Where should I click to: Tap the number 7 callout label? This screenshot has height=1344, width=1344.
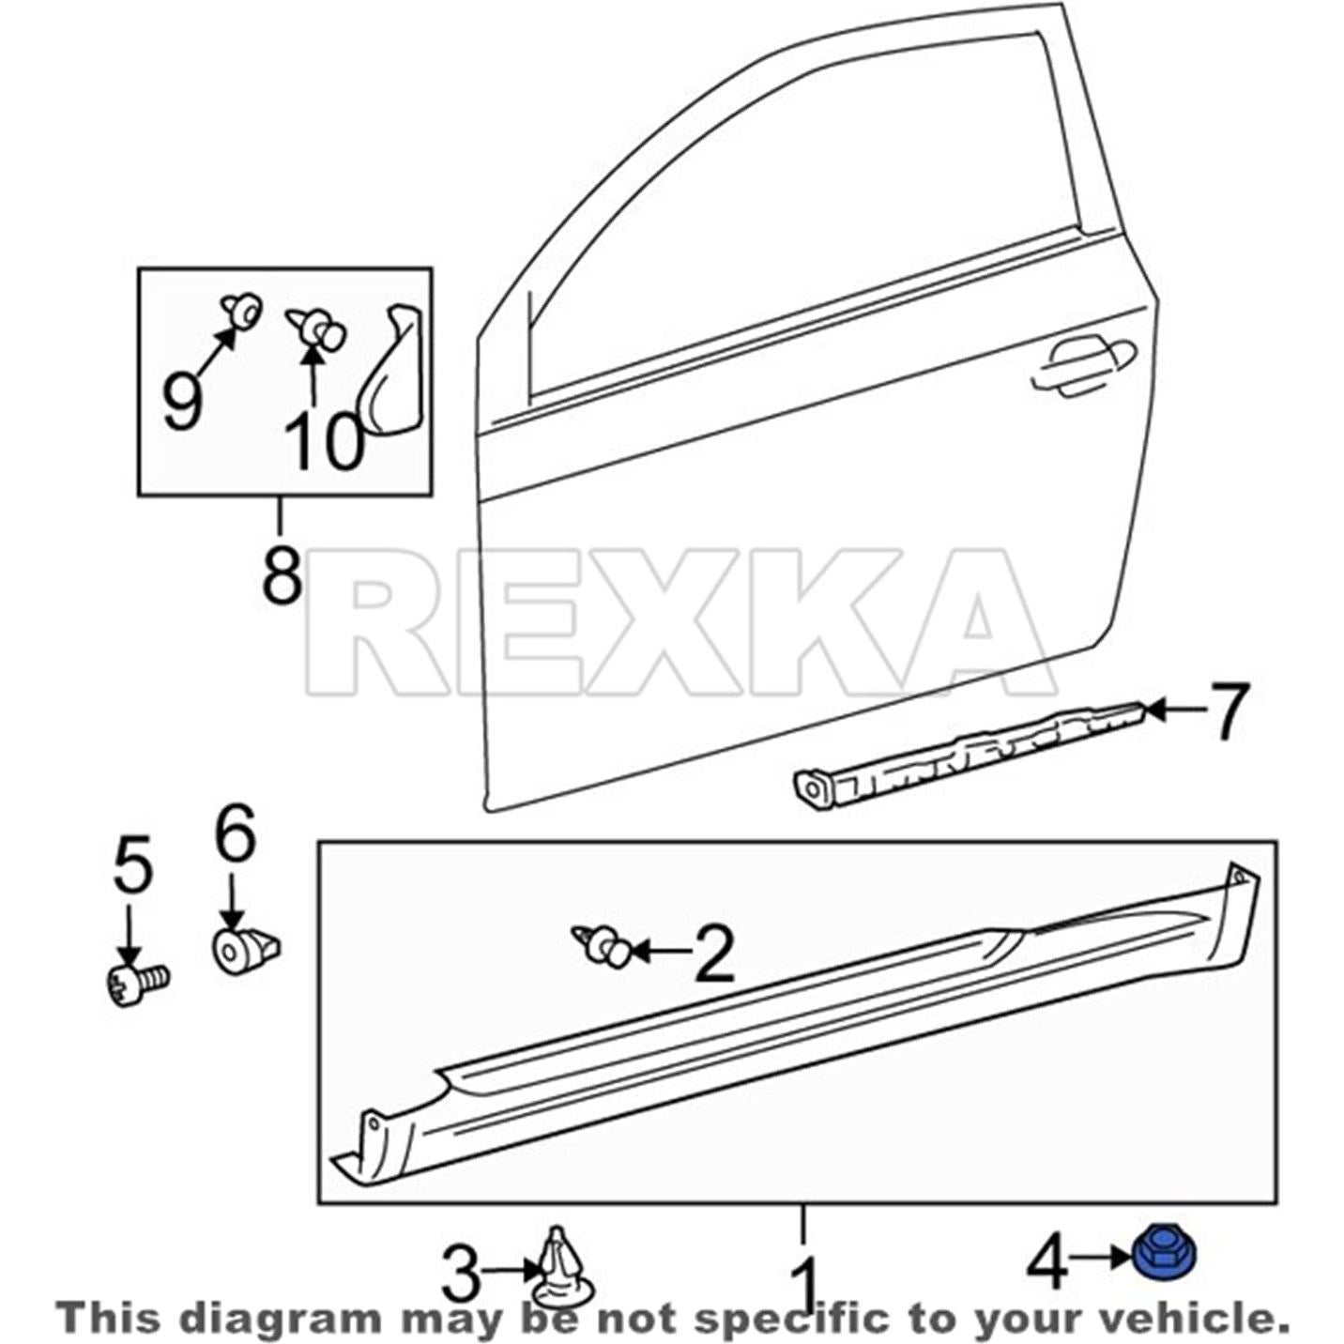click(x=1220, y=711)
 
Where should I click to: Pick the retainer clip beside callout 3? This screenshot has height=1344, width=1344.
click(x=563, y=1267)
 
